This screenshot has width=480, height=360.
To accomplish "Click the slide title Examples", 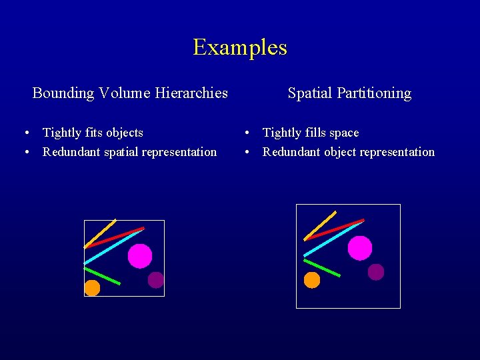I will tap(240, 47).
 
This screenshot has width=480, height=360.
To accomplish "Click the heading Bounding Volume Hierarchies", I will tap(130, 93).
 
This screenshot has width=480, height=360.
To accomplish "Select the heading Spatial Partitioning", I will tap(349, 93).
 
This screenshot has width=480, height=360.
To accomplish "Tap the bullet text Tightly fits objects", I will tap(93, 133).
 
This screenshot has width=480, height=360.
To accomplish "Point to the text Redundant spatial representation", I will tap(129, 152).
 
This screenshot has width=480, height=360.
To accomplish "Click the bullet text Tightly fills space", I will tap(311, 133).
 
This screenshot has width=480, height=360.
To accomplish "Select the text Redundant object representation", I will tap(348, 152).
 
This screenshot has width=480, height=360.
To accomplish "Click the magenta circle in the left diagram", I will tap(140, 256).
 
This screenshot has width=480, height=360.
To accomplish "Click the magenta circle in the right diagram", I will tap(360, 248).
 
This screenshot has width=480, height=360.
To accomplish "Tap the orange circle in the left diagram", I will tap(92, 288).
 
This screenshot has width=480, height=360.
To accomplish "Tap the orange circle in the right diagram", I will tap(312, 280).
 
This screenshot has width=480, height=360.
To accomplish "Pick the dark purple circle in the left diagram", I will tap(156, 280).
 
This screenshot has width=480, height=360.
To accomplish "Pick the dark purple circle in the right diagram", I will tap(376, 272).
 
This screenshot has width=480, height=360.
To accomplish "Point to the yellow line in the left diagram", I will tap(100, 233).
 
